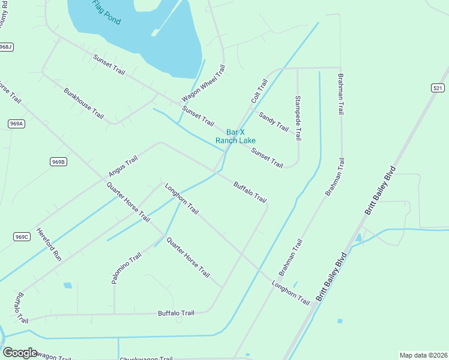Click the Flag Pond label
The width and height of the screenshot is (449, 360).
(107, 13)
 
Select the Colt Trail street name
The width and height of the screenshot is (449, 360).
(259, 90)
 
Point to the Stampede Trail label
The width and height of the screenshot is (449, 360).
(297, 118)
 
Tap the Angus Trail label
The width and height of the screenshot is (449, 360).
(123, 166)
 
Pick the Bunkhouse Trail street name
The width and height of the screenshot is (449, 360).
(83, 103)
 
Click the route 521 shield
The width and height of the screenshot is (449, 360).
(438, 88)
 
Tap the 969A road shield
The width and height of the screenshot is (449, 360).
(17, 124)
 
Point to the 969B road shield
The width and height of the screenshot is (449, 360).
(58, 161)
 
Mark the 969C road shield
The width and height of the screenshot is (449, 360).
(21, 236)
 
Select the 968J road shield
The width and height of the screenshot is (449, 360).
(6, 47)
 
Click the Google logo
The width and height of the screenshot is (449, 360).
(20, 352)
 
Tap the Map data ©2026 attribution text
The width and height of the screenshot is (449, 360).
(423, 355)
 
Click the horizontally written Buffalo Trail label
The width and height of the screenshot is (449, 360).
(176, 313)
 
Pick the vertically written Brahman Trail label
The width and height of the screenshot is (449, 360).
(341, 94)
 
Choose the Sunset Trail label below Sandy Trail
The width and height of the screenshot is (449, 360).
(267, 157)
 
